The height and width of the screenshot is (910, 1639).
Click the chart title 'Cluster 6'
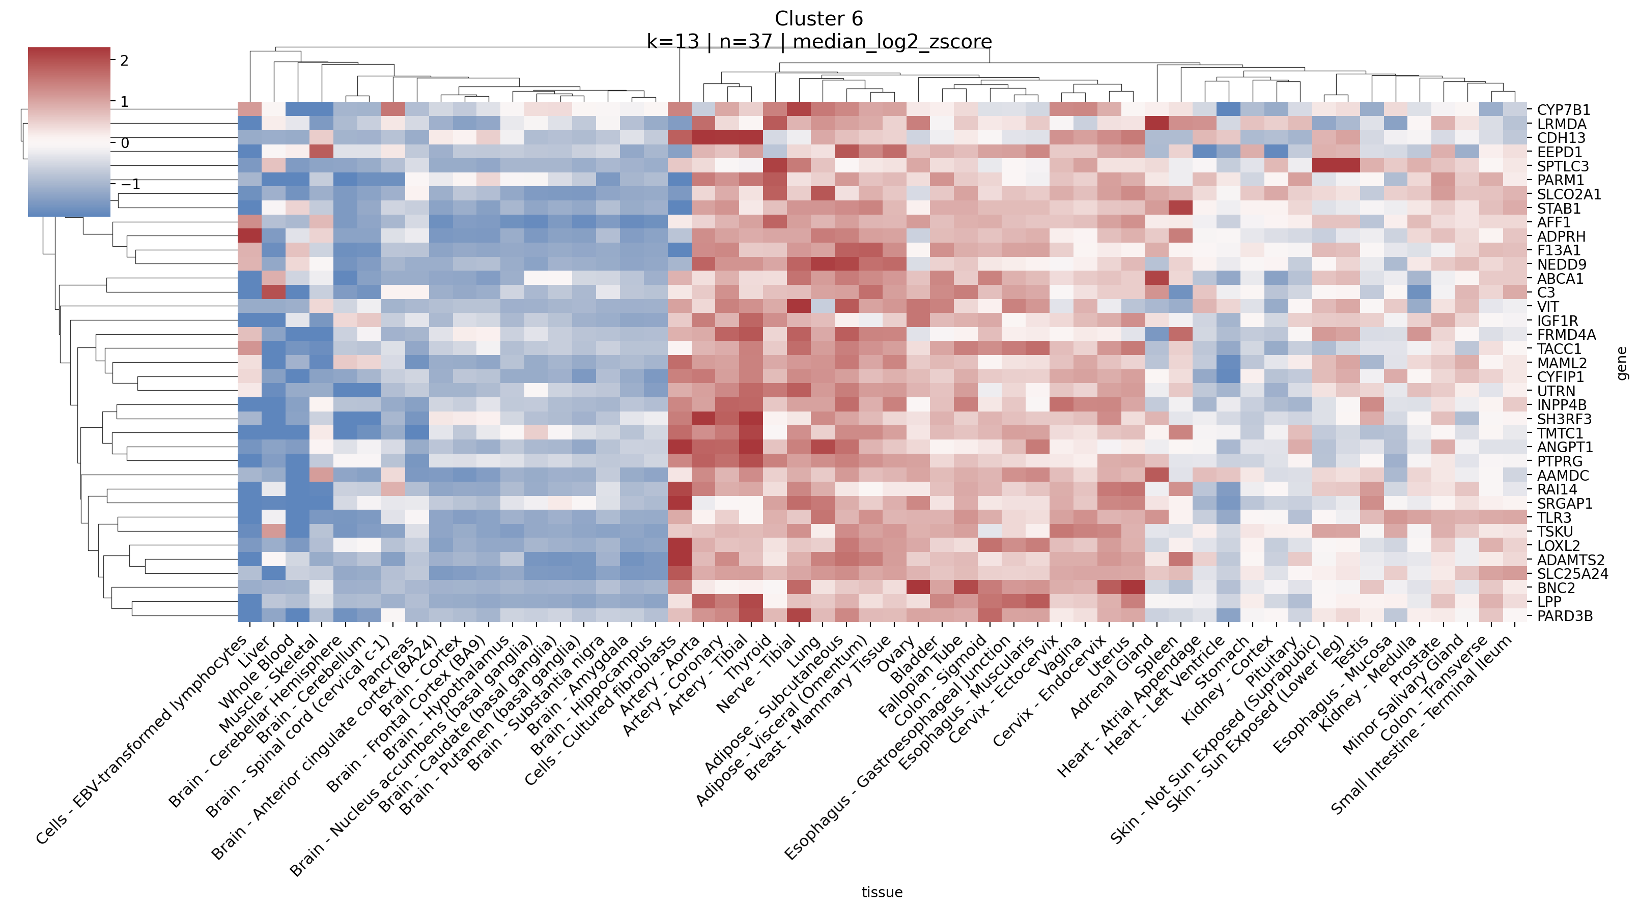click(x=818, y=19)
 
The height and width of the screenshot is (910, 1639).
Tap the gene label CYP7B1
click(x=1563, y=110)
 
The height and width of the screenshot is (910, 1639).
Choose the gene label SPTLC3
click(x=1563, y=167)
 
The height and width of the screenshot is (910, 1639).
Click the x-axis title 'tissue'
click(x=882, y=892)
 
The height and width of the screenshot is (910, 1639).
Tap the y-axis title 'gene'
click(x=1623, y=363)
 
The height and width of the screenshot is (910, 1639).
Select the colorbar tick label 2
click(x=124, y=61)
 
